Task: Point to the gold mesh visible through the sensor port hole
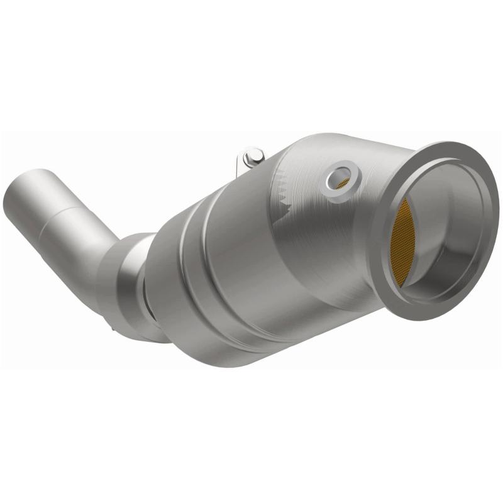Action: tap(343, 182)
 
